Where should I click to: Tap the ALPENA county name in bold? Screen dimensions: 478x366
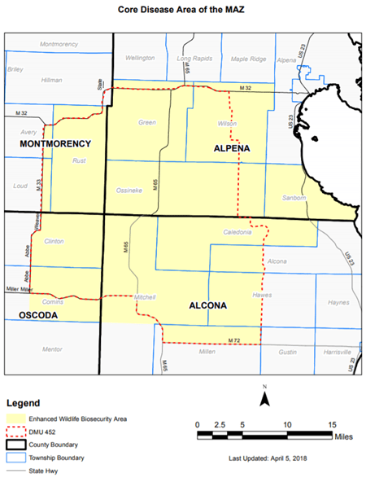click(x=232, y=148)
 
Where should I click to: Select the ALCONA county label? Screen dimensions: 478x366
click(x=207, y=306)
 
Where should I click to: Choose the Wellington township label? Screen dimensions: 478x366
click(x=140, y=59)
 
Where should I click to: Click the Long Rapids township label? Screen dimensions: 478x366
click(x=194, y=59)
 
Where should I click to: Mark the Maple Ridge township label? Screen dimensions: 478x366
click(x=249, y=59)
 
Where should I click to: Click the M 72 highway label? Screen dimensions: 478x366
click(x=233, y=339)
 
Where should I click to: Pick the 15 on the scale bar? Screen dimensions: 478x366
click(x=333, y=425)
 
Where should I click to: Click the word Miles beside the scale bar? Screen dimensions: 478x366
click(x=346, y=436)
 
